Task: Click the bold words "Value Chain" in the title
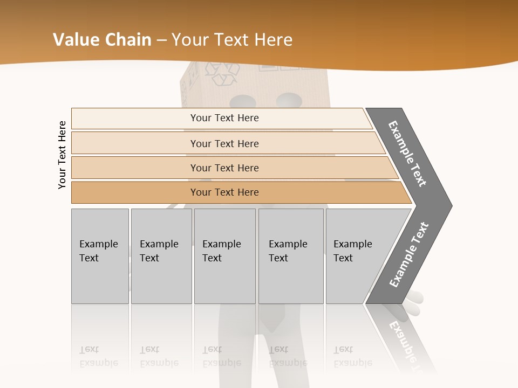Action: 102,39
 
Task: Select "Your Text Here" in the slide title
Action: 232,39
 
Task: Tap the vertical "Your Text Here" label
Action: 62,155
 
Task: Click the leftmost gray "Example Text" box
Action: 100,256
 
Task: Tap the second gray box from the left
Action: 161,256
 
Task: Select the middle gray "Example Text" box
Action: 224,256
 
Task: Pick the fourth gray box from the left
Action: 291,256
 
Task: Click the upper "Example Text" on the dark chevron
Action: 407,154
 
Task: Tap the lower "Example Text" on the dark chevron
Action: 409,254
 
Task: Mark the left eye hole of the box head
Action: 244,101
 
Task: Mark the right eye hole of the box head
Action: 289,100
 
